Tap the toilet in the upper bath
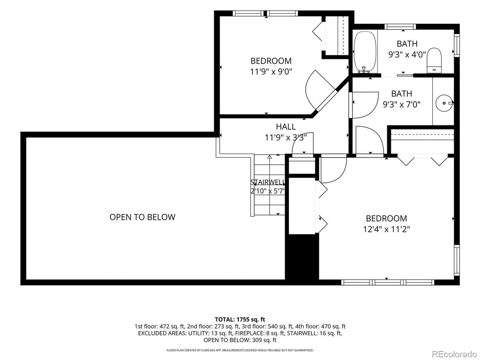(x=435, y=60)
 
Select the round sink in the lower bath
(x=444, y=103)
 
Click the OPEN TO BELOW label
(x=142, y=217)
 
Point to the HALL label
(x=286, y=126)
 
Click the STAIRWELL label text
(x=268, y=182)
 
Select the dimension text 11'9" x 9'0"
(x=271, y=72)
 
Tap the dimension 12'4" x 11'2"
(x=386, y=229)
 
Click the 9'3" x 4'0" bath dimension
(x=407, y=54)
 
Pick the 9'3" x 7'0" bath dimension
(x=402, y=104)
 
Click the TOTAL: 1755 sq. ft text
(x=240, y=320)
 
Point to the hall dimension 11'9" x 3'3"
(x=286, y=138)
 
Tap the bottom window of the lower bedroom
(x=387, y=282)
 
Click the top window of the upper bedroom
(x=265, y=13)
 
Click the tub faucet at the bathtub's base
(x=364, y=70)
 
